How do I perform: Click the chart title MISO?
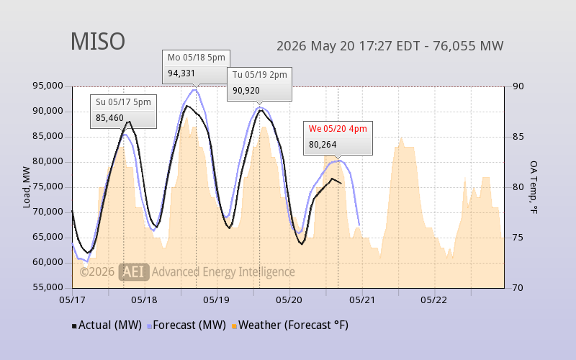coord(98,41)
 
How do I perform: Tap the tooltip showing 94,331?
coord(196,67)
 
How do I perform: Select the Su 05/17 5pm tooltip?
coord(123,112)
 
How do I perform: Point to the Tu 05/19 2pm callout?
coord(259,84)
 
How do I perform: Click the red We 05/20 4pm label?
coord(338,129)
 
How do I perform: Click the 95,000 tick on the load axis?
coord(48,86)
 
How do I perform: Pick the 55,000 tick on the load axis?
coord(48,287)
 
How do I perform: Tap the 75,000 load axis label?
coord(48,186)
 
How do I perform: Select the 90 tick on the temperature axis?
coord(518,86)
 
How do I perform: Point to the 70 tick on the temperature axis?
coord(518,287)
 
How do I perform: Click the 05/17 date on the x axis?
coord(72,300)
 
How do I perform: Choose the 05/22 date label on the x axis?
coord(434,300)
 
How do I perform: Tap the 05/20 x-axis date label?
coord(289,300)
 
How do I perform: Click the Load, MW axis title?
coord(26,187)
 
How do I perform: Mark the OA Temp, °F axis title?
coord(534,187)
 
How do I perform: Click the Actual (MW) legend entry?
coord(107,325)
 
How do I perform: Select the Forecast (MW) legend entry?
coord(186,325)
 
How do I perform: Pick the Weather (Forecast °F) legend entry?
coord(290,325)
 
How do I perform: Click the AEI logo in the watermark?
coord(134,272)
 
